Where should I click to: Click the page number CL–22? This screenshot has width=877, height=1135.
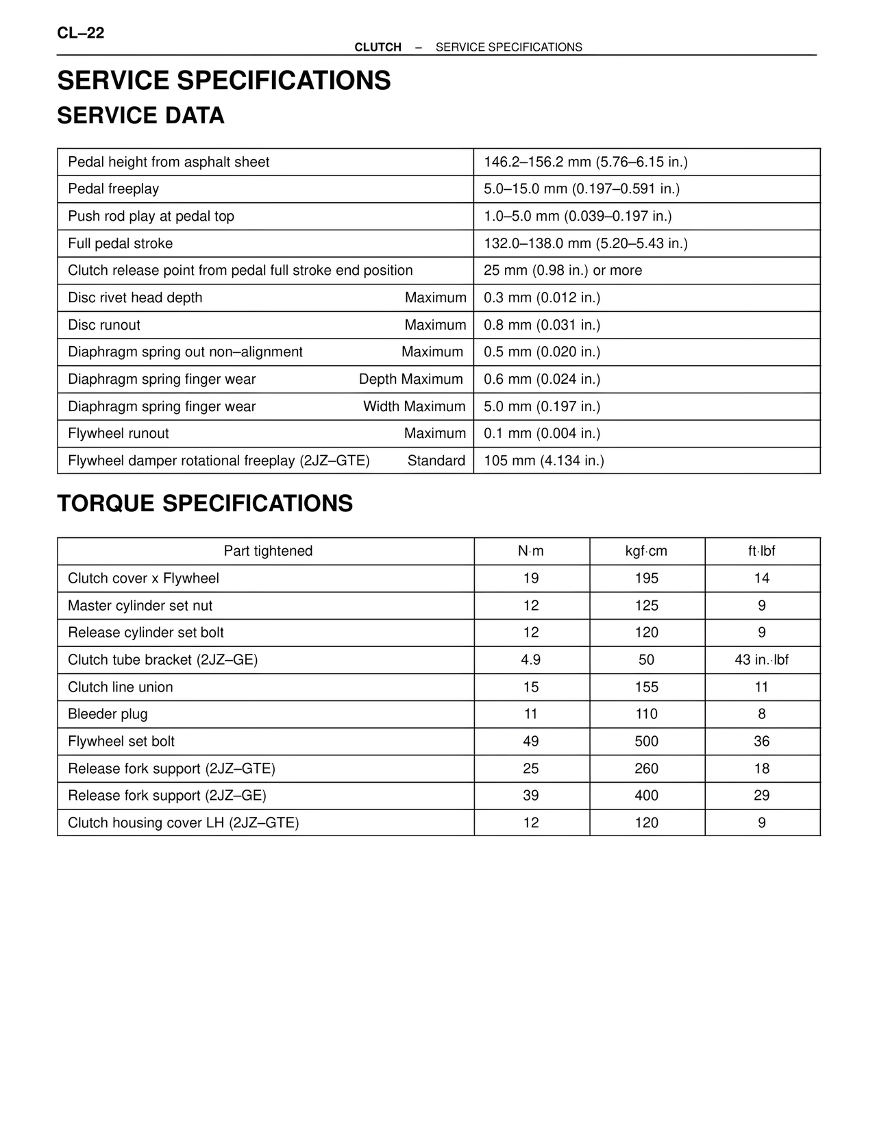(81, 33)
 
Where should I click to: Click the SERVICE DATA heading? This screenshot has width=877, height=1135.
(140, 115)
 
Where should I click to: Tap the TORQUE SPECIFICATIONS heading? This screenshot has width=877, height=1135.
(205, 503)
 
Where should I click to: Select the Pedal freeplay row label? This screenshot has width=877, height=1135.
(113, 188)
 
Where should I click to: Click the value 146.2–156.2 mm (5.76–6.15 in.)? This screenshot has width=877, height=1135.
(585, 162)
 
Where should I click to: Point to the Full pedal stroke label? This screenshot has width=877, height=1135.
(120, 243)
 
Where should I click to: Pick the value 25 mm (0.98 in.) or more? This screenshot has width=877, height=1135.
(563, 270)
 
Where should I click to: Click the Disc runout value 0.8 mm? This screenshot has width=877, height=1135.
(541, 325)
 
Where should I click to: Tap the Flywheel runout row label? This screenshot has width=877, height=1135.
(118, 433)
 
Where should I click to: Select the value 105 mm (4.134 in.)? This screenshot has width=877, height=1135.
(543, 461)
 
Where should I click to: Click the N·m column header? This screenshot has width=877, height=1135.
(531, 551)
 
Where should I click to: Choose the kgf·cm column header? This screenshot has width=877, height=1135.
(646, 551)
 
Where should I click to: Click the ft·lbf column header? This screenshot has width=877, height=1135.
(761, 551)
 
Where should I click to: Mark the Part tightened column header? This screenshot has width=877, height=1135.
(268, 551)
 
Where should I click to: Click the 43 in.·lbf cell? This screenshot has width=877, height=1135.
(761, 659)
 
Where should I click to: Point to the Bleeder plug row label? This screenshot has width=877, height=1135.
(108, 713)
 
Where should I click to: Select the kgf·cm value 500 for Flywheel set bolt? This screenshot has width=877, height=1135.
(646, 741)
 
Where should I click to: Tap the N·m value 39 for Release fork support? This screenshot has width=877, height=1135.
(531, 795)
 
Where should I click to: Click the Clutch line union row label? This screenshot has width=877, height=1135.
(120, 687)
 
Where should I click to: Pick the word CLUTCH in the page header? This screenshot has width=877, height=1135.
(378, 47)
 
